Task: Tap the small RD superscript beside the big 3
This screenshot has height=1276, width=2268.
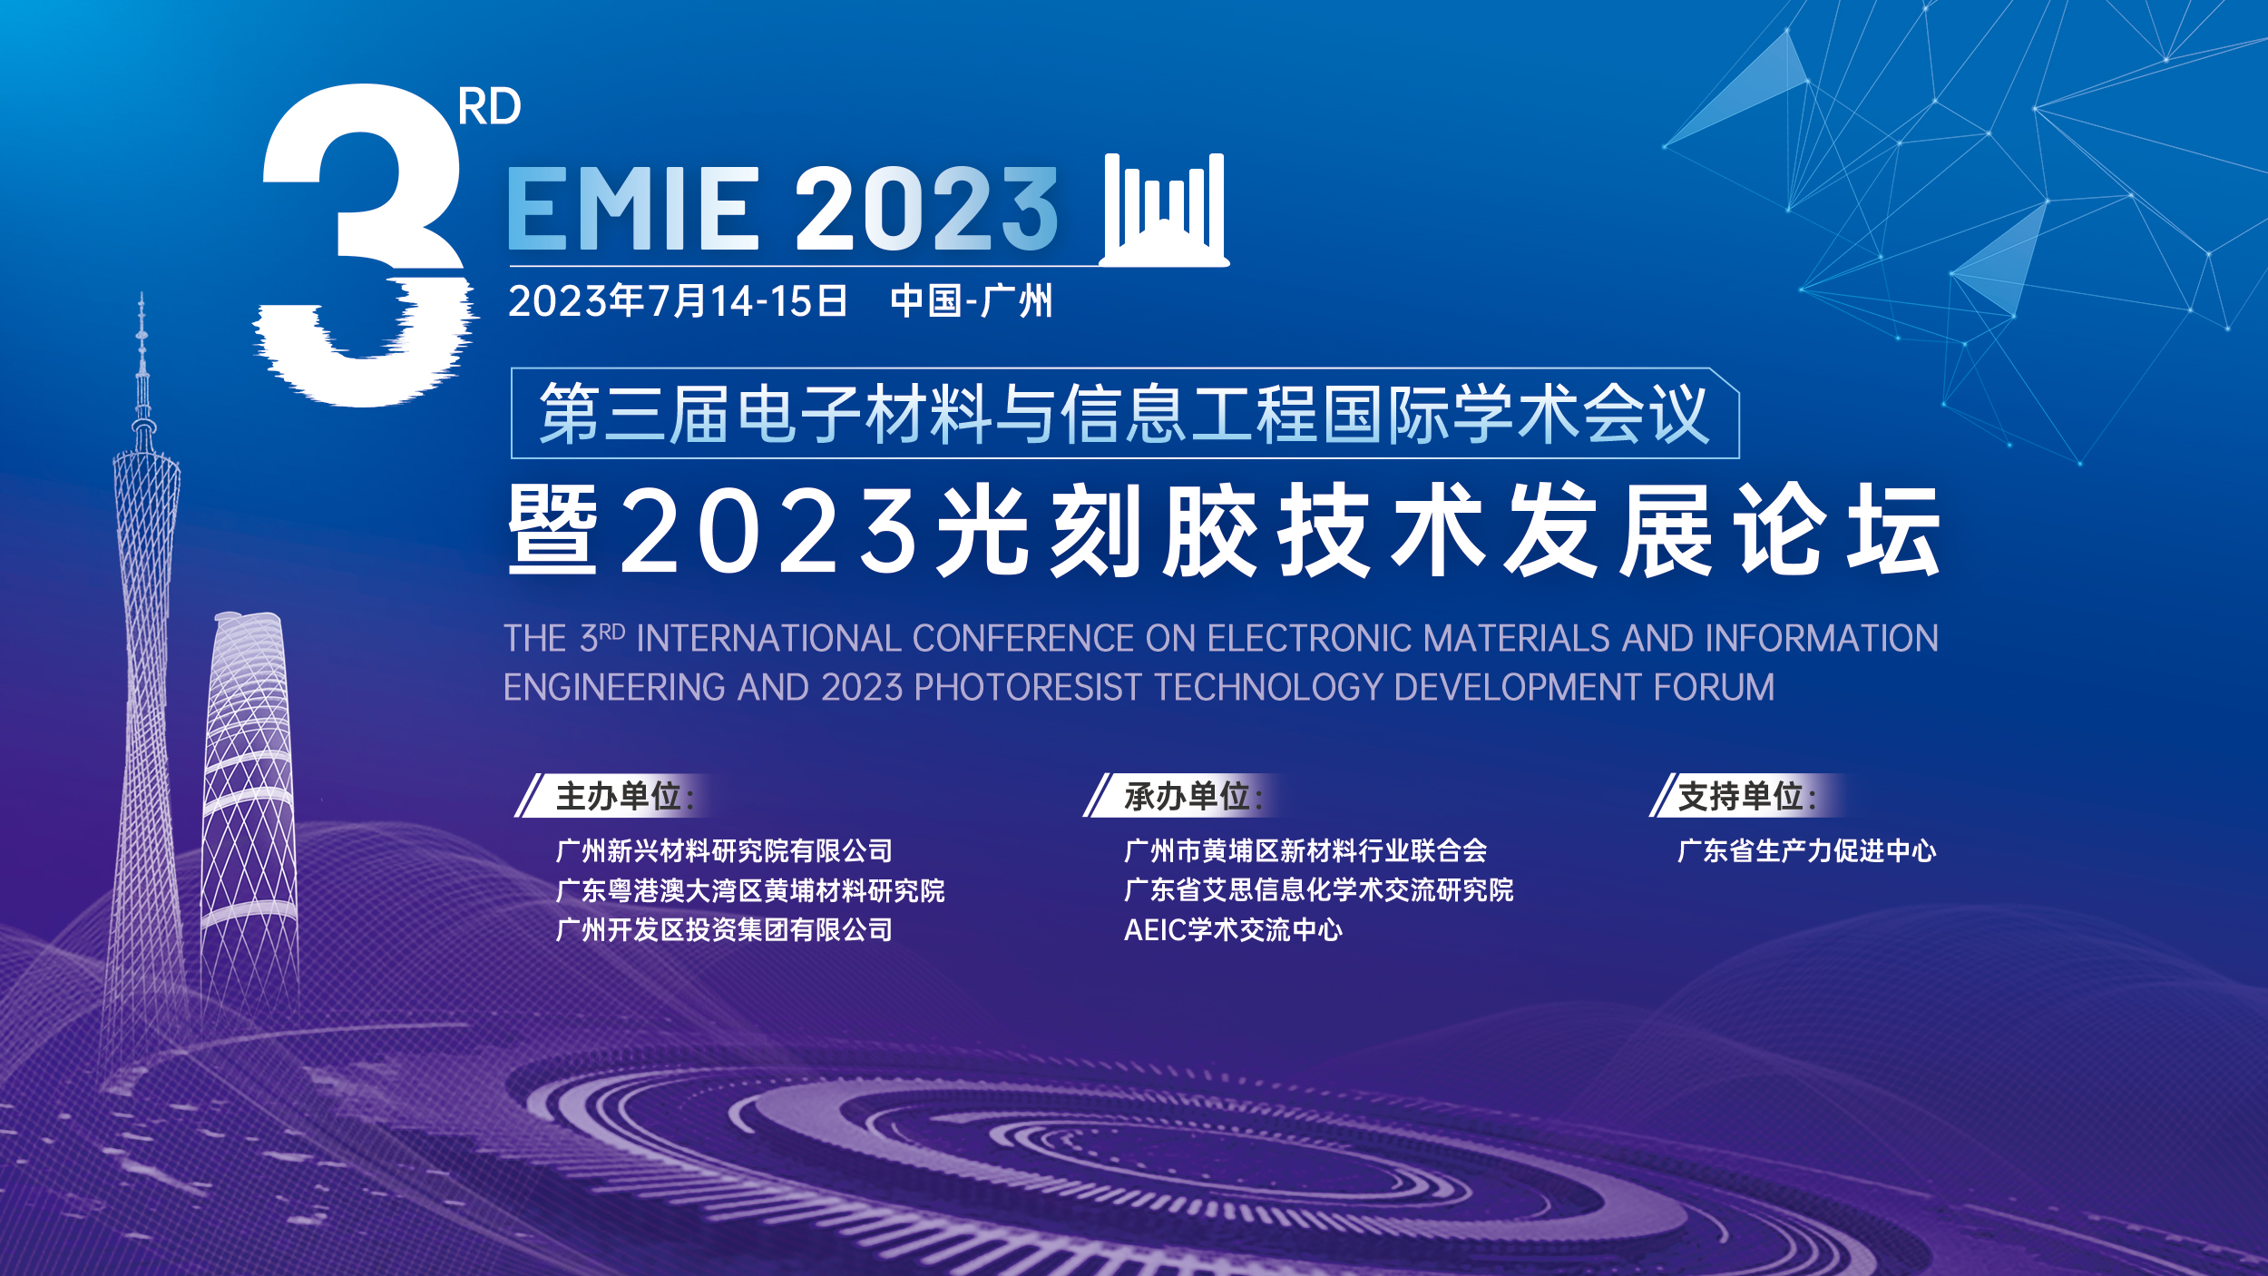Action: [490, 107]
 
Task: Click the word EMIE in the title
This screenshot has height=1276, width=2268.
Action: [632, 209]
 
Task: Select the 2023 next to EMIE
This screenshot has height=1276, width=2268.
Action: [927, 209]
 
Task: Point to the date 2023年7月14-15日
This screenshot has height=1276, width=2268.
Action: [678, 301]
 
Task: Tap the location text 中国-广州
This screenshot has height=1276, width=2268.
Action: [972, 301]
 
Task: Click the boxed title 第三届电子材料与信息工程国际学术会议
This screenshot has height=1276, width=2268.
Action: [1124, 414]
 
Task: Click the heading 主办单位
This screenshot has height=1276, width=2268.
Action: [619, 796]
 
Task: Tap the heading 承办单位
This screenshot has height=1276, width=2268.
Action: [1188, 796]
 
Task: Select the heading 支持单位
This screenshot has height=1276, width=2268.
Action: [1741, 796]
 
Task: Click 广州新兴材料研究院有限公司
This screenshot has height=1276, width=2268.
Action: [724, 850]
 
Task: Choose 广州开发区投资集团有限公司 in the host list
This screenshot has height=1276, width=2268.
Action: [724, 929]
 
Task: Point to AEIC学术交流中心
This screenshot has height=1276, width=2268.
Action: [1233, 929]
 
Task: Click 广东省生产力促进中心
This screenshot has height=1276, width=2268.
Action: [1807, 850]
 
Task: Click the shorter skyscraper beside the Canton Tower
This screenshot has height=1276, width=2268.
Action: [249, 817]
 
